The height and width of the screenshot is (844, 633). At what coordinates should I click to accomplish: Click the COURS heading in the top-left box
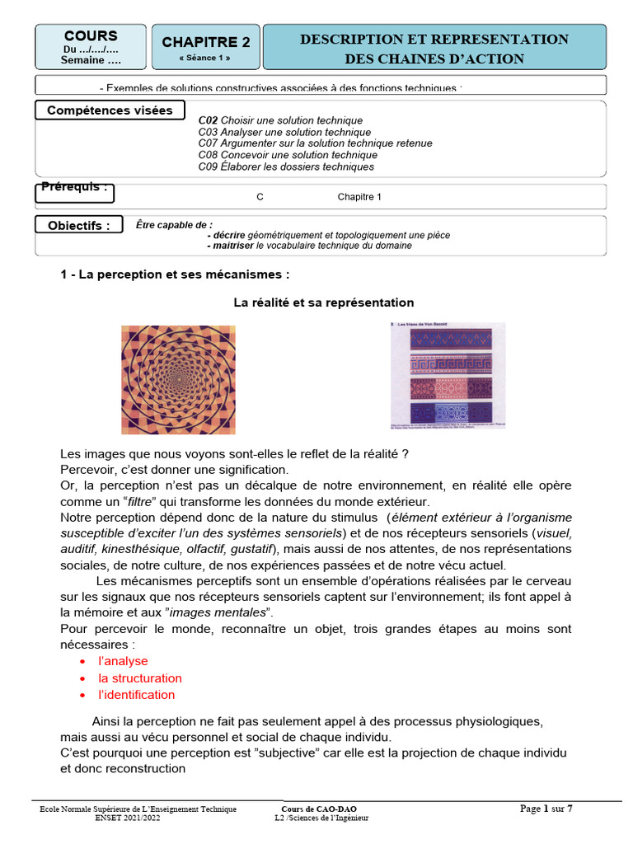(x=91, y=36)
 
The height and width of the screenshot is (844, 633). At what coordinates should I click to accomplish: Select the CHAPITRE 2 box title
(x=205, y=43)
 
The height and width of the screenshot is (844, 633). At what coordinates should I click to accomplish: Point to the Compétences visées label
(x=110, y=110)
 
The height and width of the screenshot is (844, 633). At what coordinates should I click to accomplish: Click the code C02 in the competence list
(x=208, y=120)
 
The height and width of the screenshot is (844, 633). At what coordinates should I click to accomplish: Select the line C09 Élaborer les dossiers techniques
(x=286, y=166)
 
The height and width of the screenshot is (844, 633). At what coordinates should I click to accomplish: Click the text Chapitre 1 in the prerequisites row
(x=359, y=197)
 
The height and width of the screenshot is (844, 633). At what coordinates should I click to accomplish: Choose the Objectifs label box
(x=78, y=226)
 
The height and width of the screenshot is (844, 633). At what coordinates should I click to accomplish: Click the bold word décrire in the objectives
(x=226, y=235)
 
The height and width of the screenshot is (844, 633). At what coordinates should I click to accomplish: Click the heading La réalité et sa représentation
(x=323, y=302)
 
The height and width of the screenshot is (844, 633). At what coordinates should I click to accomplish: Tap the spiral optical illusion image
(x=178, y=379)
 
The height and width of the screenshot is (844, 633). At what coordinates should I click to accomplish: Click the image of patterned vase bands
(x=446, y=375)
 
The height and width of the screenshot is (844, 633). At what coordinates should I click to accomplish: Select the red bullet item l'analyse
(x=123, y=661)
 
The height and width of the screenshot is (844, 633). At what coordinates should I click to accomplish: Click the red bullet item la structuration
(x=140, y=678)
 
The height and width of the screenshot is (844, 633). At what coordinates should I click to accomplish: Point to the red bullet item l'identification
(x=136, y=695)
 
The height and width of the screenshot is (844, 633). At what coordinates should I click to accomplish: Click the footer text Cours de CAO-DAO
(x=319, y=809)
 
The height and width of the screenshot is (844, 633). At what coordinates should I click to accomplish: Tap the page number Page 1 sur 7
(x=546, y=809)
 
